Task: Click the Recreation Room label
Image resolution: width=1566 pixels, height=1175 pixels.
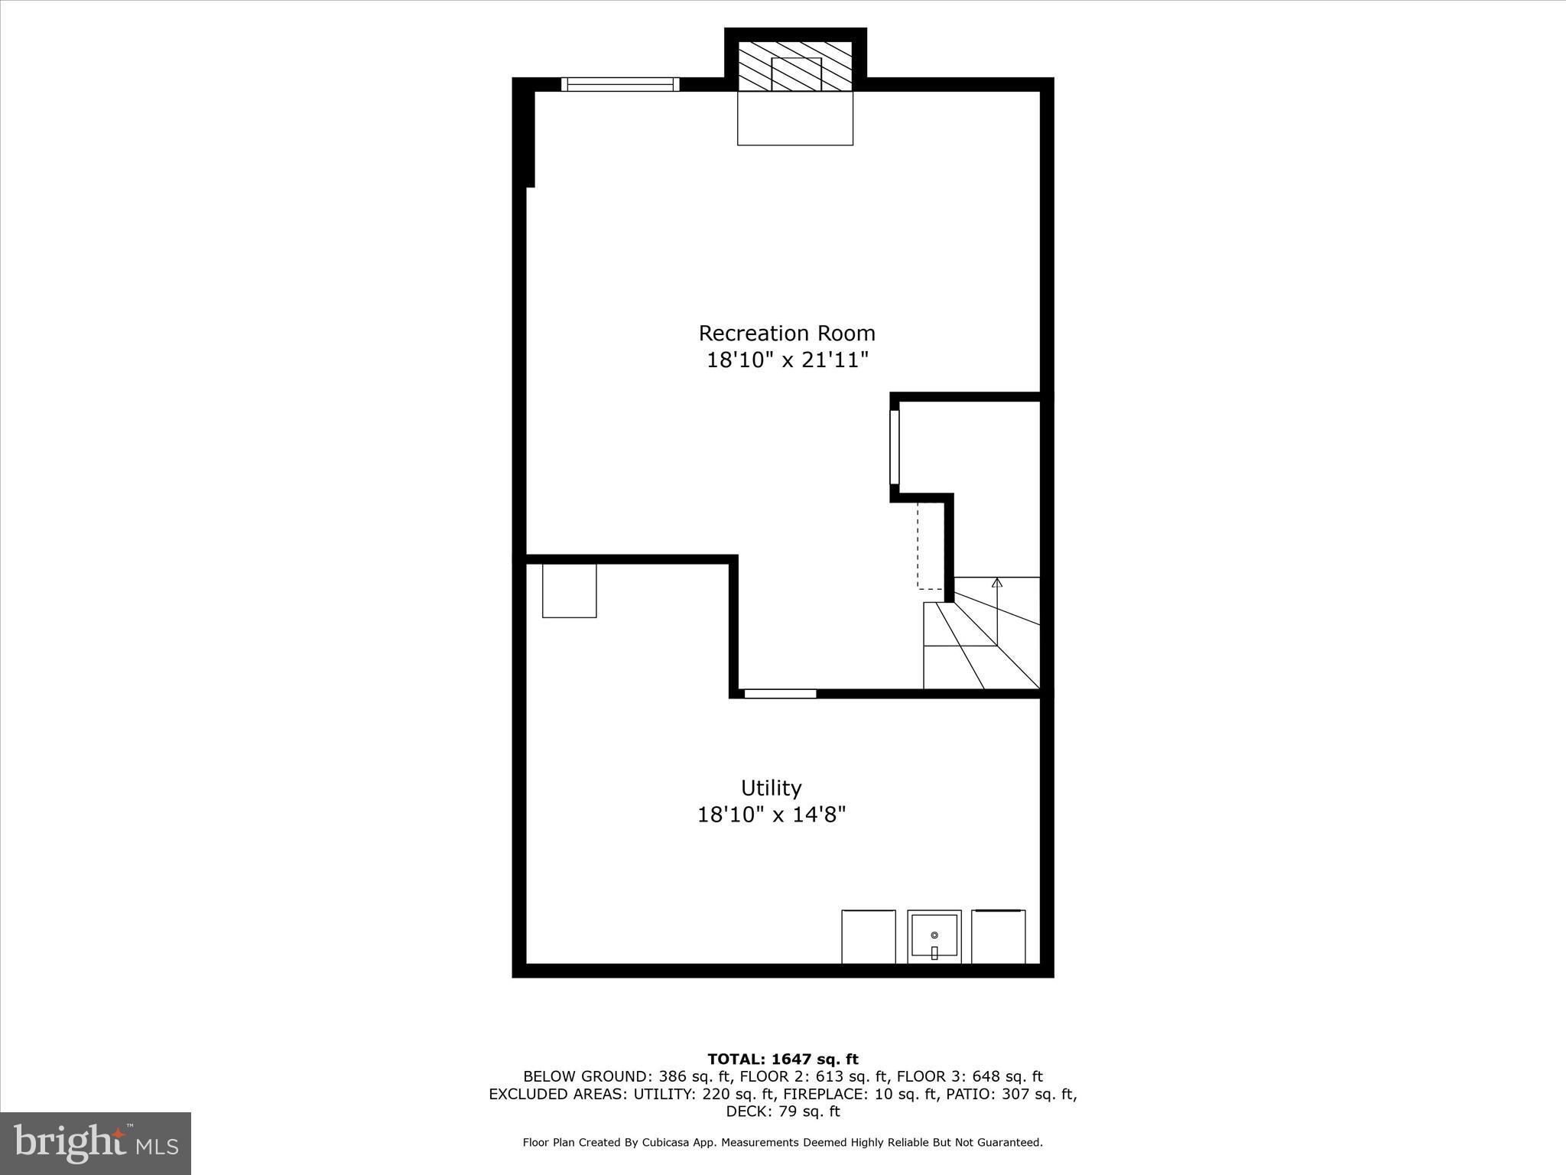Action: pos(787,334)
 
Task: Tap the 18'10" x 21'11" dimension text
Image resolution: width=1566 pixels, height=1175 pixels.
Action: pos(787,360)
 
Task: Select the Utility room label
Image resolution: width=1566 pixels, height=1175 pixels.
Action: pos(771,788)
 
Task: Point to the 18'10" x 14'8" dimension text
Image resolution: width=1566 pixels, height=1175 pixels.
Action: pos(771,815)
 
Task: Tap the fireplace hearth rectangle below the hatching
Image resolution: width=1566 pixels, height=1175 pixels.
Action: pos(795,119)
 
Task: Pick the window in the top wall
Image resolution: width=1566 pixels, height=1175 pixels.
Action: pos(620,84)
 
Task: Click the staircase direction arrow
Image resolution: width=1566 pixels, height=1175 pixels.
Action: pos(996,584)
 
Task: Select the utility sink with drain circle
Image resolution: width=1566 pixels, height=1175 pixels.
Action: pos(934,936)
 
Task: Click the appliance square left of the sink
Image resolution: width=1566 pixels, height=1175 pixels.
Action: pos(869,936)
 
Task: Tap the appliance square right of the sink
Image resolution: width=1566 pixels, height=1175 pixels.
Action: pos(998,936)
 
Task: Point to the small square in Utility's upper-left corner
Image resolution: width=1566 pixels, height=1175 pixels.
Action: pos(569,591)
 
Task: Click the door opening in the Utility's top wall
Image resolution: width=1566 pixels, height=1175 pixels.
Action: pos(780,694)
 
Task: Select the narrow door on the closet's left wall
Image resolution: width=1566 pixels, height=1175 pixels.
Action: pos(895,447)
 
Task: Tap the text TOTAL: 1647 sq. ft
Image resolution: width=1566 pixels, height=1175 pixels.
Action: pos(782,1059)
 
